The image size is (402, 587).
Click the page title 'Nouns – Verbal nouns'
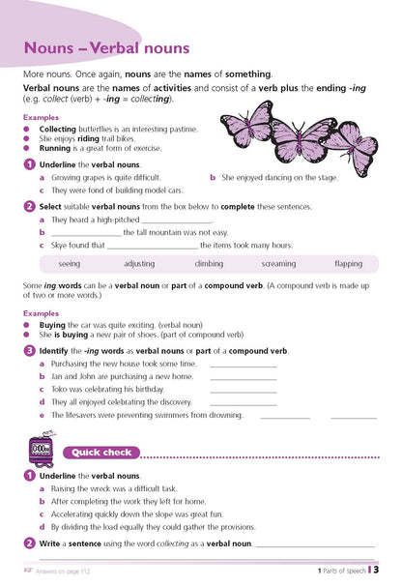pos(106,47)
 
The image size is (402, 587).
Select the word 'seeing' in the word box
pos(70,263)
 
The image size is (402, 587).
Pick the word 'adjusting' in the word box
pos(139,263)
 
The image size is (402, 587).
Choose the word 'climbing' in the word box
pos(209,263)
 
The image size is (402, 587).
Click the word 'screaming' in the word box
pos(279,263)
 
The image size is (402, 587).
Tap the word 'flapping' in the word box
pos(349,263)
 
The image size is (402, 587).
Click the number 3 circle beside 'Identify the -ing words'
pos(30,350)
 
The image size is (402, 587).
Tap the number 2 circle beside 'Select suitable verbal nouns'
pos(30,206)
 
